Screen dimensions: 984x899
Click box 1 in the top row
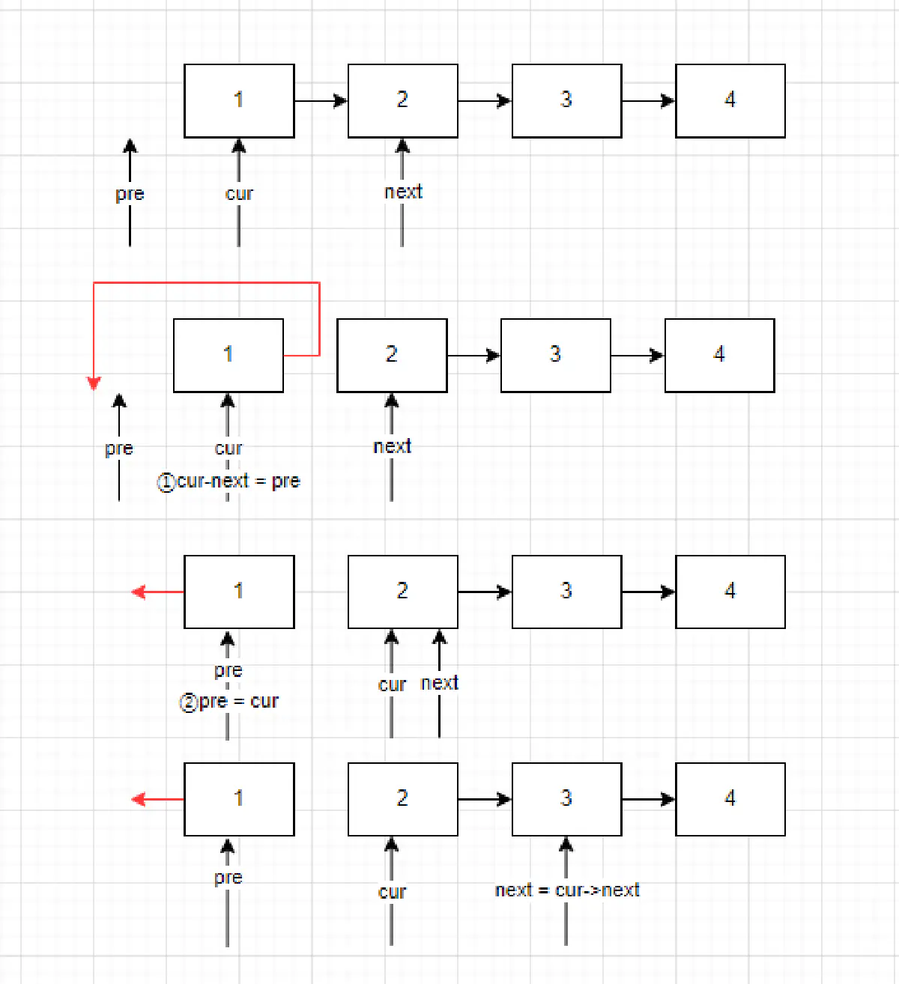[x=239, y=101]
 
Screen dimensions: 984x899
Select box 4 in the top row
[x=730, y=101]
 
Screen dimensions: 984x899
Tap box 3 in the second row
[x=555, y=356]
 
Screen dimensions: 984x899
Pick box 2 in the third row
[x=402, y=592]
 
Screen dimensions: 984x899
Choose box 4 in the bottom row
[x=730, y=799]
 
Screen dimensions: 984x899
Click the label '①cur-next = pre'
[x=228, y=482]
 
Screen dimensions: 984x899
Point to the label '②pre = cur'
[x=229, y=702]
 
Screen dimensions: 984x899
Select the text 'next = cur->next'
[x=567, y=890]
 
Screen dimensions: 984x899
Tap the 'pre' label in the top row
[x=130, y=194]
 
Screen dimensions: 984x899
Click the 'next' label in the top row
[x=403, y=192]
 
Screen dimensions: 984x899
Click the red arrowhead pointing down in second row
[x=94, y=383]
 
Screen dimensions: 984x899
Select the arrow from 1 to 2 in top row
[x=321, y=100]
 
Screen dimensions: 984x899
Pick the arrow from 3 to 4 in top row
[x=648, y=100]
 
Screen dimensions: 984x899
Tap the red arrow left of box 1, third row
[x=157, y=592]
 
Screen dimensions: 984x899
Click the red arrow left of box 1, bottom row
[x=157, y=800]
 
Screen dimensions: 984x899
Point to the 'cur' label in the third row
[x=392, y=685]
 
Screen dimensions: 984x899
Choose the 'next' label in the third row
[x=439, y=683]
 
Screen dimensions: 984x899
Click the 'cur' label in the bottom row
[x=392, y=892]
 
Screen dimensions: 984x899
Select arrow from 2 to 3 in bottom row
[x=485, y=800]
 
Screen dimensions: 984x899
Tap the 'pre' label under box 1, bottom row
[x=228, y=878]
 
